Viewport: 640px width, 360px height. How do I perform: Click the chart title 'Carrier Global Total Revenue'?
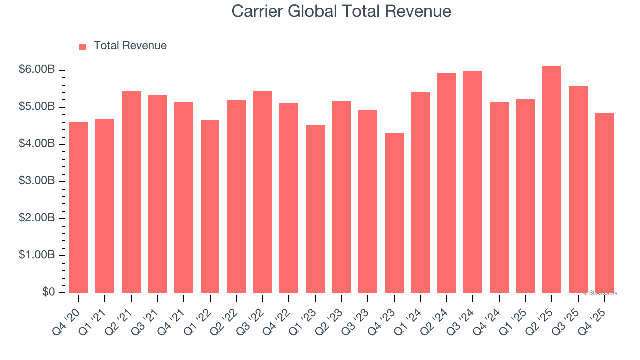(341, 11)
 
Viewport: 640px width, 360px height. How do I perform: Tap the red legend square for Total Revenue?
(83, 46)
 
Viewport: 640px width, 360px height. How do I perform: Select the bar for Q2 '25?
(551, 179)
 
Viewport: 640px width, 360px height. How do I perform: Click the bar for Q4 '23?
(394, 212)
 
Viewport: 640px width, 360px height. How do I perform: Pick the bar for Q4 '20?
(79, 207)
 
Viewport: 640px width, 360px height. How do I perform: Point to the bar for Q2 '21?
(131, 192)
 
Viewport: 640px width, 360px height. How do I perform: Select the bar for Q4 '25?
(604, 203)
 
